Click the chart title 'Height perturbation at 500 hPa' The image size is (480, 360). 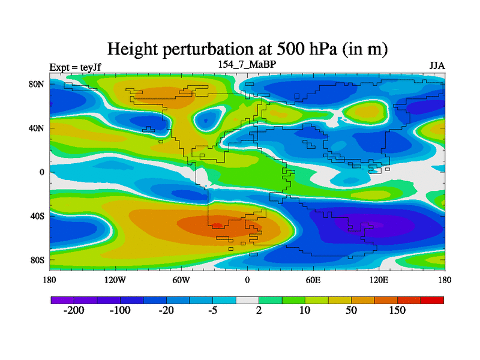[247, 49]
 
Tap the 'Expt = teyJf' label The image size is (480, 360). [75, 67]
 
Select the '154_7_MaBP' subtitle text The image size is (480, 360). [247, 64]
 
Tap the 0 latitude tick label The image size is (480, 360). [43, 172]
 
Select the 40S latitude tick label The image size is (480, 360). [38, 216]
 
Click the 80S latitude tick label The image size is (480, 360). [38, 260]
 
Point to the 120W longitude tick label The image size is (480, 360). [115, 280]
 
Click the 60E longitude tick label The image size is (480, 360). [313, 280]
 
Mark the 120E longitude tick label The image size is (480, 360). [379, 280]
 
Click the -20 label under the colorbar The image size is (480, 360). [166, 311]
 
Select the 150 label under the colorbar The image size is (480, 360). [397, 311]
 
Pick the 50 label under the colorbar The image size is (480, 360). [351, 311]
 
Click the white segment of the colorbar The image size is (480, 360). [247, 299]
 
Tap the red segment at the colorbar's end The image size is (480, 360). [432, 299]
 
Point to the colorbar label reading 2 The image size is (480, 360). [259, 311]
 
